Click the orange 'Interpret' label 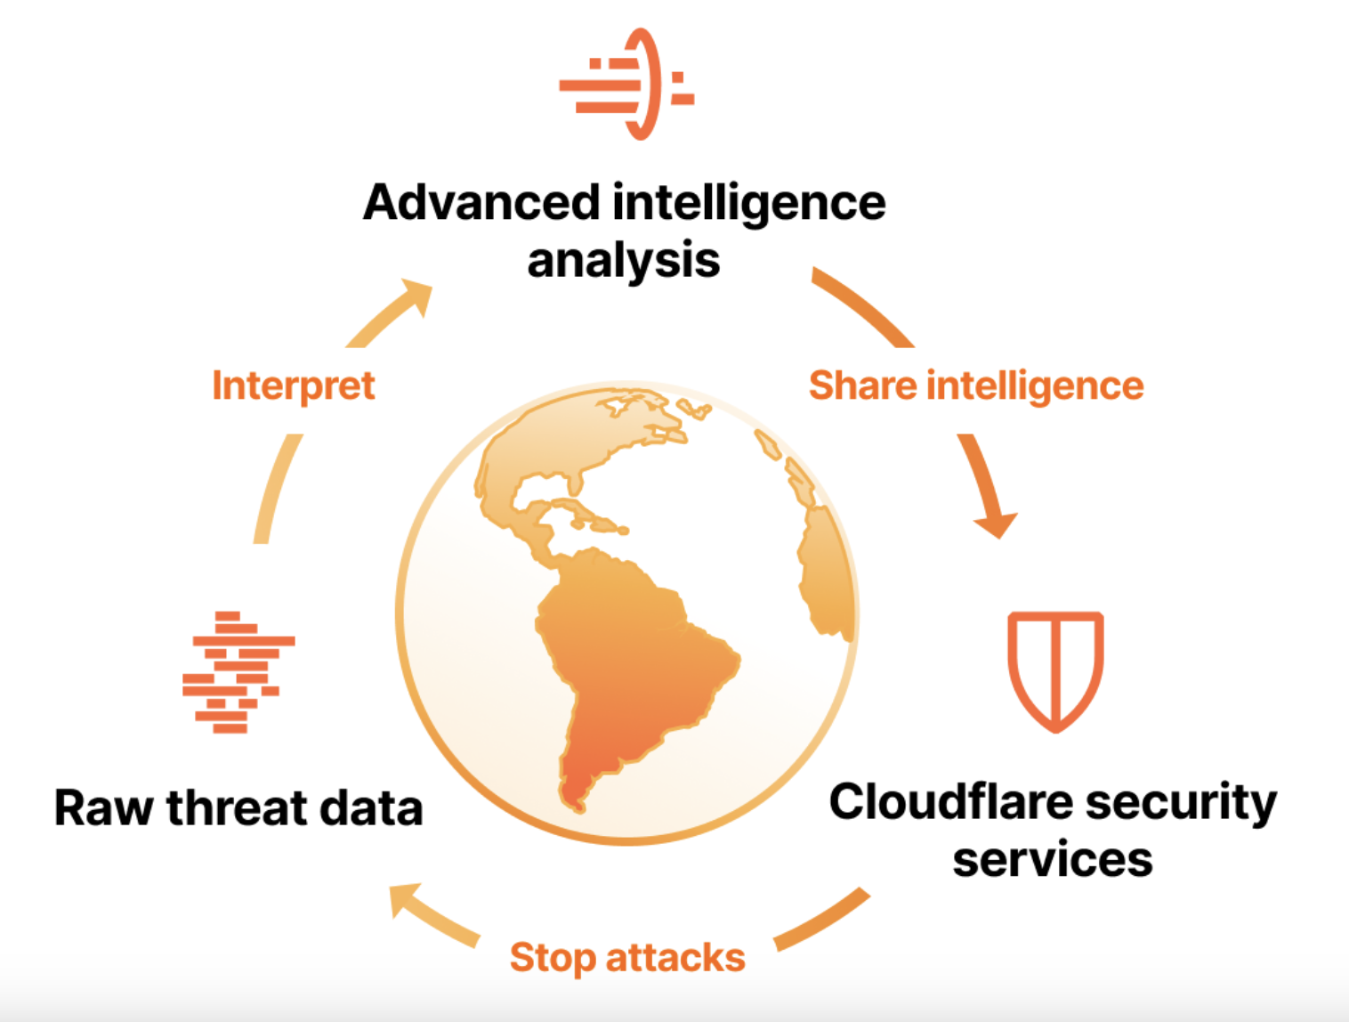tap(293, 385)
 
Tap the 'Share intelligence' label tap(975, 385)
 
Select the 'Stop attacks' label tap(626, 958)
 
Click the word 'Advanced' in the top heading tap(481, 202)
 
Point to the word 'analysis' tap(623, 261)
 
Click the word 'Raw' tap(103, 807)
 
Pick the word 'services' tap(1052, 860)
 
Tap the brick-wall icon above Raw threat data tap(237, 672)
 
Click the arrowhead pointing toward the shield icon tap(997, 523)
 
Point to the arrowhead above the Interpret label tap(416, 297)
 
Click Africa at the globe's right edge tap(828, 570)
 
